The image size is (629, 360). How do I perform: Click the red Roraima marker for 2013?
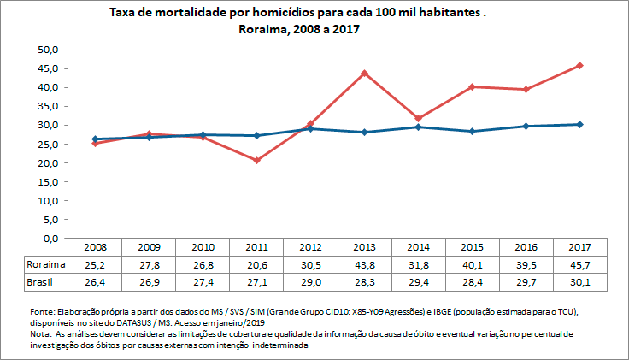coord(364,74)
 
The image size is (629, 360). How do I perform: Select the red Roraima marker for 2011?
coord(256,160)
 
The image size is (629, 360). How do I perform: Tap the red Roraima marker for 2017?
coord(580,66)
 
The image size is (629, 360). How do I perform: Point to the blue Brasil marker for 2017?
coord(580,124)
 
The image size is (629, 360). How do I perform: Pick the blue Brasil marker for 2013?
coord(364,132)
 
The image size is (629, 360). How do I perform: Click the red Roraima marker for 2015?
coord(472,87)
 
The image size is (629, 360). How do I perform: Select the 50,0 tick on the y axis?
coord(46,50)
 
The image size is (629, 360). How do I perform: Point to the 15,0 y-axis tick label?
coord(46,181)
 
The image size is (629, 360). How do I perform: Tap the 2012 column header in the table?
coord(310,247)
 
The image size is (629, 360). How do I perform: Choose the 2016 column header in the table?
coord(526,247)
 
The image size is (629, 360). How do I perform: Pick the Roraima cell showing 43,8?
coord(364,264)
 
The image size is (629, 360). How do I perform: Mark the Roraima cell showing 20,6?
coord(256,264)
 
